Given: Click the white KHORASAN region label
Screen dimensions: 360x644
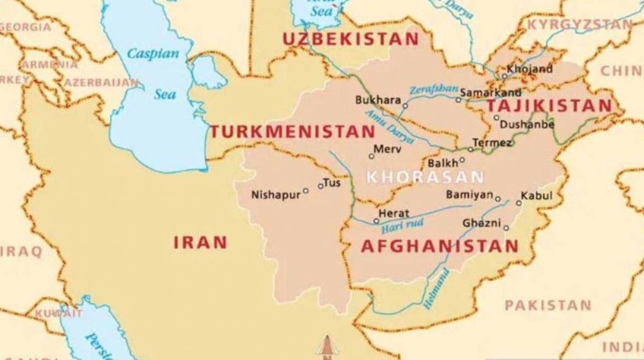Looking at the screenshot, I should [425, 177].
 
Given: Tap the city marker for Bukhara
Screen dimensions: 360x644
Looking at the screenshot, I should [405, 106].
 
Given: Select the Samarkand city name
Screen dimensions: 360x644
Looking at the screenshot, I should [491, 93].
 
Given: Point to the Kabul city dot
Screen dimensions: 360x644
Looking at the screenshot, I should [519, 203].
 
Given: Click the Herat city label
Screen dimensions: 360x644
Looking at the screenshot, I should [394, 213].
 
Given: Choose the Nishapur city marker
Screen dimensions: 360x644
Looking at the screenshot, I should [305, 191].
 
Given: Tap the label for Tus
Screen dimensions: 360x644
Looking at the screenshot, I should [332, 183].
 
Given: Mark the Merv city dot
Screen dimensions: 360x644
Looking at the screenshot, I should [371, 156].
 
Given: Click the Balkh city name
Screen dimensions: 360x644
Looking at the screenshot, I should [443, 163].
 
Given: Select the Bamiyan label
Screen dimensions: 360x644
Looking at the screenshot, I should [469, 195].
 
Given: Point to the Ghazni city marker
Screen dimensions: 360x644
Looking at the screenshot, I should [506, 228].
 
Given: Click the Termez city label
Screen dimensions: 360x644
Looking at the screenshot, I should [493, 143].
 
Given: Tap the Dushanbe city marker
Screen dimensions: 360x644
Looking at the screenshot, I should [496, 118].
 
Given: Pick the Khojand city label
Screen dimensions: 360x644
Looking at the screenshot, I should [530, 69].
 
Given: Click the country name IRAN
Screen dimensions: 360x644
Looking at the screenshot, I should [200, 243].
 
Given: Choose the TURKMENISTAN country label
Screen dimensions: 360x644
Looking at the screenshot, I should [292, 132].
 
